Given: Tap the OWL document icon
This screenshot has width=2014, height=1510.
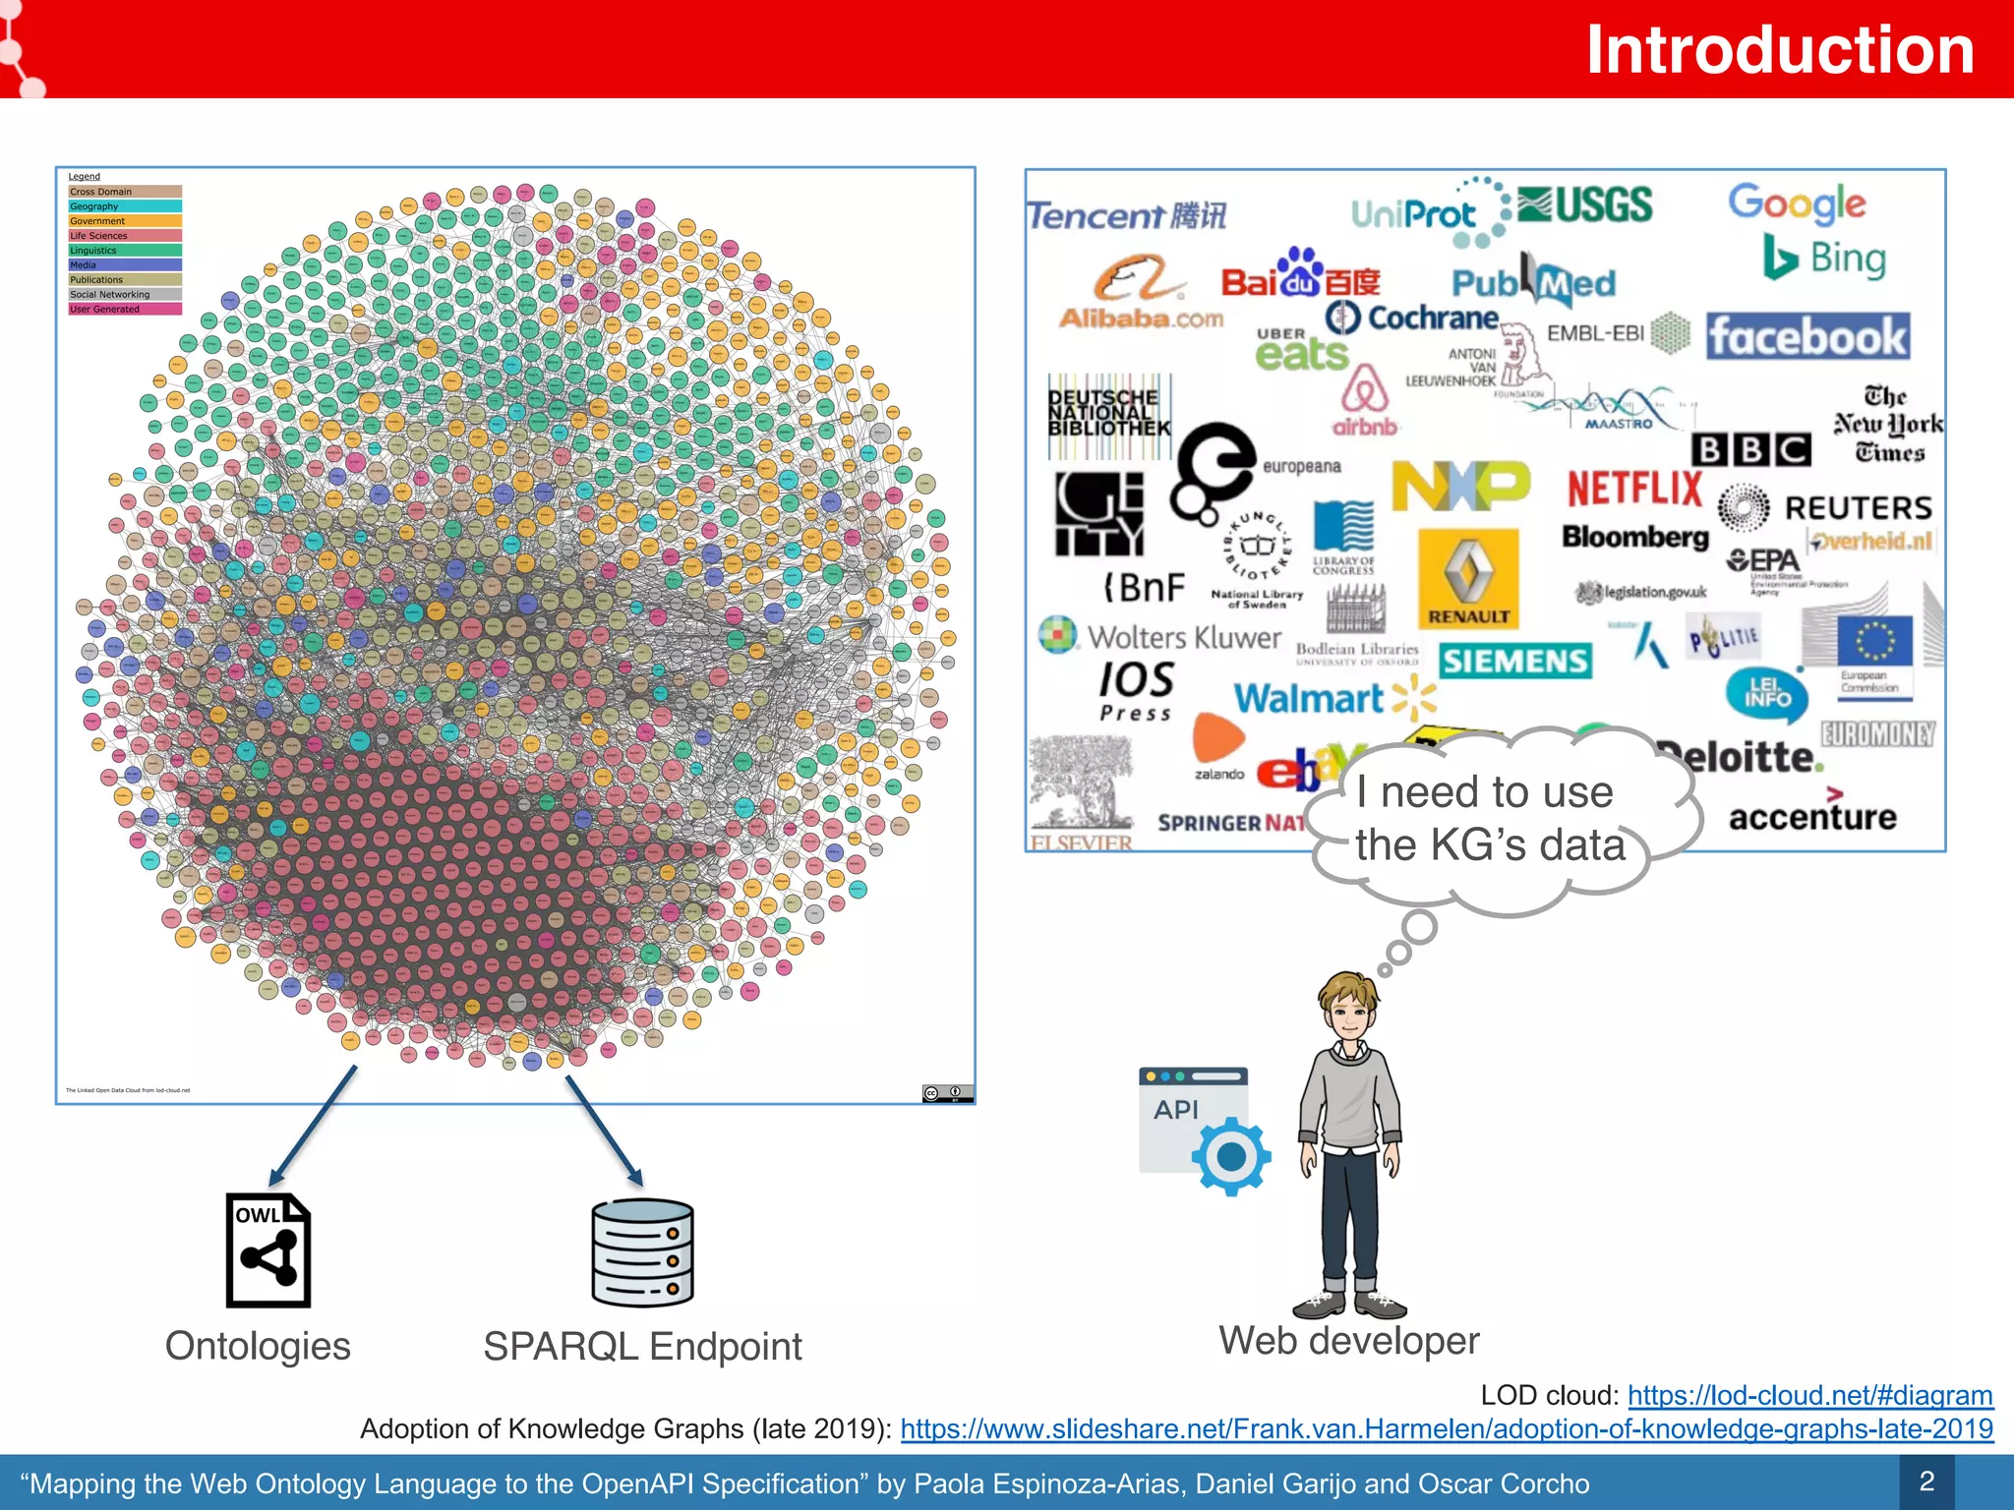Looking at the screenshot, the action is (267, 1250).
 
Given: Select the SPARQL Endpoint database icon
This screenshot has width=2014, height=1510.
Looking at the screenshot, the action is (642, 1252).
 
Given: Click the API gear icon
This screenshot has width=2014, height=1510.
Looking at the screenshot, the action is (1229, 1156).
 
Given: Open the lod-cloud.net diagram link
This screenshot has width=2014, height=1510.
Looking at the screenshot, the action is (1809, 1395).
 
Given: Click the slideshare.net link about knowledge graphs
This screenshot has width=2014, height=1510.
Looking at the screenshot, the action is (1446, 1428).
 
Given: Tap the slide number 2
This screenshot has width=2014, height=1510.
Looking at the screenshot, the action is (1926, 1481).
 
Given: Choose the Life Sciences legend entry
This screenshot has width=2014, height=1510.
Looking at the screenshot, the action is (124, 236).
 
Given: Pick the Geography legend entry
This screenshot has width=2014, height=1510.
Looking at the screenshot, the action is (124, 206).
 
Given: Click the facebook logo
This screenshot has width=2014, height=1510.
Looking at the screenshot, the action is (1807, 337).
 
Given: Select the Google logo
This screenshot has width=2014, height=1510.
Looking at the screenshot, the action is (1797, 203).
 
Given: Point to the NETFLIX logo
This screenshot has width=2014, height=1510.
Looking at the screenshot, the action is (1633, 489).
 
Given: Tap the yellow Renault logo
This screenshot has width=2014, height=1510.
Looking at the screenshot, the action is (1468, 579).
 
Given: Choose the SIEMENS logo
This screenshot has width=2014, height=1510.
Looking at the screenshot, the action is (1514, 661).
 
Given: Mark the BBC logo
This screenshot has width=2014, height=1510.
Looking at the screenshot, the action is (1750, 449).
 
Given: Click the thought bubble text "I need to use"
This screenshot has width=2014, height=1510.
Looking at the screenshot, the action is (1484, 792).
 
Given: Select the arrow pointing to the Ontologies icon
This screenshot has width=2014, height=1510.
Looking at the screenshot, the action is (313, 1126).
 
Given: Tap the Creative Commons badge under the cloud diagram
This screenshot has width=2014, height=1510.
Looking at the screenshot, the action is (947, 1093).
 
